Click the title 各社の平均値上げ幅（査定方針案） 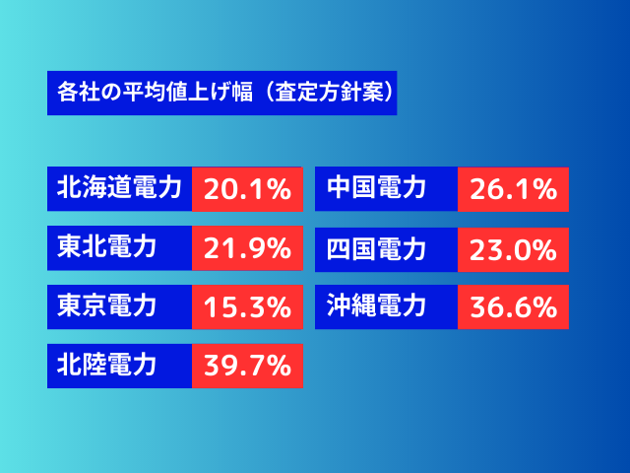225,92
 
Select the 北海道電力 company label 119,187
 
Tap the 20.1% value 247,189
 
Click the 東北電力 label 106,246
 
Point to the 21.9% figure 247,248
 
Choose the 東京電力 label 106,305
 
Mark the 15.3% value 247,307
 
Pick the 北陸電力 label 106,365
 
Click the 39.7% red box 247,366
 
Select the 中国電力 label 376,187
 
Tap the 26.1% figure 514,189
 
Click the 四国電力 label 376,249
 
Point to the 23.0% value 514,250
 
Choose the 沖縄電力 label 376,305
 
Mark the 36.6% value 514,307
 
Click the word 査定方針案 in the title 330,92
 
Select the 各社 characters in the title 79,92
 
